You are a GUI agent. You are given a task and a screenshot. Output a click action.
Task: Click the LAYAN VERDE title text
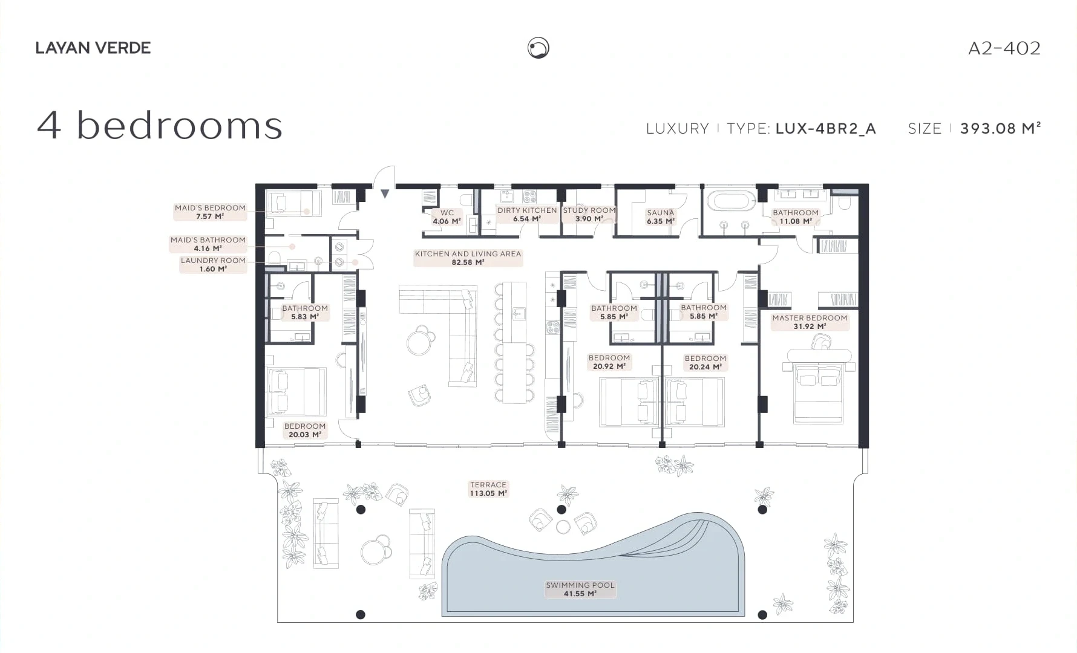coord(93,48)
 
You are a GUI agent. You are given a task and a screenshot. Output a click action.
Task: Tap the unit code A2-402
coord(1004,48)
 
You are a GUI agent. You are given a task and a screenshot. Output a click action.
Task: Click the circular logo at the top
coord(538,48)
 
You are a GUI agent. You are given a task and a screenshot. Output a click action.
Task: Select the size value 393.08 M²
coord(1001,128)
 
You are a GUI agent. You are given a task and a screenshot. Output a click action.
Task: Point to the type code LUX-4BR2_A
coord(826,129)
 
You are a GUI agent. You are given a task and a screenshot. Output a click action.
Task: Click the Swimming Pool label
coord(580,590)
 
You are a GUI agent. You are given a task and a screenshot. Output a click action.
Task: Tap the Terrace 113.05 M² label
coord(488,489)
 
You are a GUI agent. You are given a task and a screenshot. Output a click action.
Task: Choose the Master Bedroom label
coord(810,322)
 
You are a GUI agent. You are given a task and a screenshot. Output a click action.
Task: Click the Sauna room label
coord(661,217)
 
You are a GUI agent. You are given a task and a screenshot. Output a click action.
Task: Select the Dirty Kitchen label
coord(527,215)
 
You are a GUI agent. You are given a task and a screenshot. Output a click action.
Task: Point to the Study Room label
coord(589,215)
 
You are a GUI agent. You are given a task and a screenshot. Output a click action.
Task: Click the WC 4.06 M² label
coord(447,217)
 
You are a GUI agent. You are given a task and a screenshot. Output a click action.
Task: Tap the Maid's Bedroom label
coord(210,212)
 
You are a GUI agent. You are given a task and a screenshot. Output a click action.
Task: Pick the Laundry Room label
coord(213,265)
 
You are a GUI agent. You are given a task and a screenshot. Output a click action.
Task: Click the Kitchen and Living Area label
coord(468,258)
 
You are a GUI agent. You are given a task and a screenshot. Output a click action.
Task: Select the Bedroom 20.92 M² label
coord(609,362)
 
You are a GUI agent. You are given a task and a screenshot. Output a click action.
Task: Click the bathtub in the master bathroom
coord(732,201)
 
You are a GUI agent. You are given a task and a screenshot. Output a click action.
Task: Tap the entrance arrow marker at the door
coord(385,194)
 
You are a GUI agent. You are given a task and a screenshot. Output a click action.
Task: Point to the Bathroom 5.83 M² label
coord(305,313)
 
